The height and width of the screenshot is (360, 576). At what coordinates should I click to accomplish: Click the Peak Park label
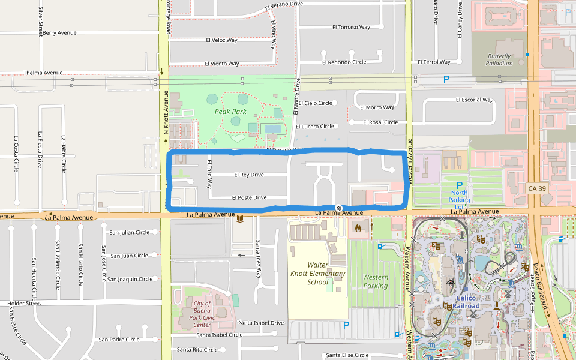(x=230, y=112)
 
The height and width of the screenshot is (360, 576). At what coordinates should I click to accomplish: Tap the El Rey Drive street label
(x=248, y=175)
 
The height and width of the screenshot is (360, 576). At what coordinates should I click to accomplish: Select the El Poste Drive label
(x=249, y=197)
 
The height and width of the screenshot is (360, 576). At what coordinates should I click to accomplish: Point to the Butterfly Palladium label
(x=499, y=59)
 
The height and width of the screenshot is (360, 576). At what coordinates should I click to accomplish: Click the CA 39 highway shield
(x=537, y=188)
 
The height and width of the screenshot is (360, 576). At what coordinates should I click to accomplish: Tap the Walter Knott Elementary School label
(x=326, y=274)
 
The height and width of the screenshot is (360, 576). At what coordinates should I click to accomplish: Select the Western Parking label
(x=376, y=281)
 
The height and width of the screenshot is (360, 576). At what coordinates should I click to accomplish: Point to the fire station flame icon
(x=358, y=227)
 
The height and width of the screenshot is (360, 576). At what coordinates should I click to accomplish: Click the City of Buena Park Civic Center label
(x=202, y=314)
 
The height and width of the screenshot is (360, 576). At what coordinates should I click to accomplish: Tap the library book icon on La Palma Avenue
(x=240, y=219)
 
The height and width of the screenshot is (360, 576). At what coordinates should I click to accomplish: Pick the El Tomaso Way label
(x=351, y=27)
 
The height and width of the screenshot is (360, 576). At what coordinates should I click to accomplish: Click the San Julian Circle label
(x=129, y=232)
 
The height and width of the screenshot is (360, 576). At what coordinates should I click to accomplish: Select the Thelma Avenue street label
(x=43, y=73)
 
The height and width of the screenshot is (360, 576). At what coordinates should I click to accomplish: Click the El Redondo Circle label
(x=344, y=62)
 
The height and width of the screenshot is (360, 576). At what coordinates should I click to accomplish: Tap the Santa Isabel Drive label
(x=260, y=323)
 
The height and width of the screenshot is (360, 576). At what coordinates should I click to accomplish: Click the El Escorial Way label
(x=474, y=100)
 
